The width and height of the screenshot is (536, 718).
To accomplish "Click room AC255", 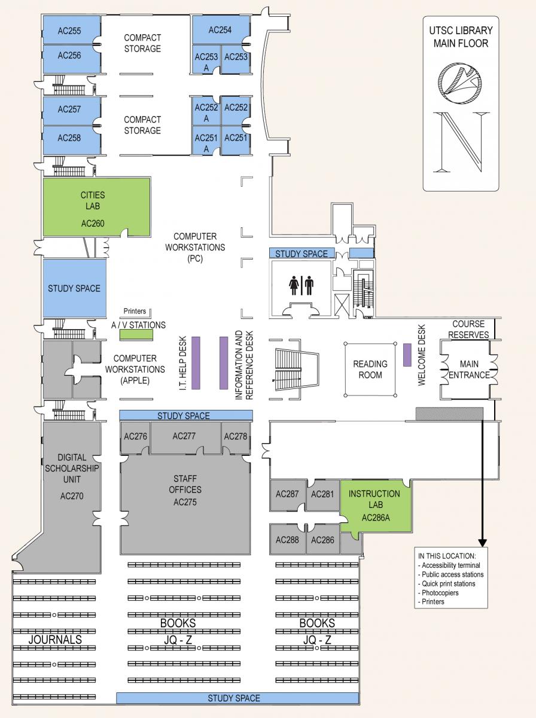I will pyautogui.click(x=70, y=31).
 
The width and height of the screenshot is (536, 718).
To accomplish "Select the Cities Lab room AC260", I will pyautogui.click(x=92, y=206).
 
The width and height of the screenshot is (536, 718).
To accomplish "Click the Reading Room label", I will pyautogui.click(x=370, y=369).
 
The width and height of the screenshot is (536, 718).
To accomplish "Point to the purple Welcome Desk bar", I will pyautogui.click(x=406, y=355).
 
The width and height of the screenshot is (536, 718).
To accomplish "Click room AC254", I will pyautogui.click(x=220, y=30).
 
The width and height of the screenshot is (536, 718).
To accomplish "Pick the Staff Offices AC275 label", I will pyautogui.click(x=185, y=490).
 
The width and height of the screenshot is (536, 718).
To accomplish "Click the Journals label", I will pyautogui.click(x=55, y=640).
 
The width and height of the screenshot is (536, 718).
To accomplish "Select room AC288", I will pyautogui.click(x=287, y=539).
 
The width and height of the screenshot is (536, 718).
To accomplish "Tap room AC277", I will pyautogui.click(x=184, y=436).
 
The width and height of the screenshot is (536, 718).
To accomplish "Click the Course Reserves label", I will pyautogui.click(x=470, y=329).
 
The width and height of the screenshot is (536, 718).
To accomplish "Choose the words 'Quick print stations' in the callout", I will pyautogui.click(x=448, y=583).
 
